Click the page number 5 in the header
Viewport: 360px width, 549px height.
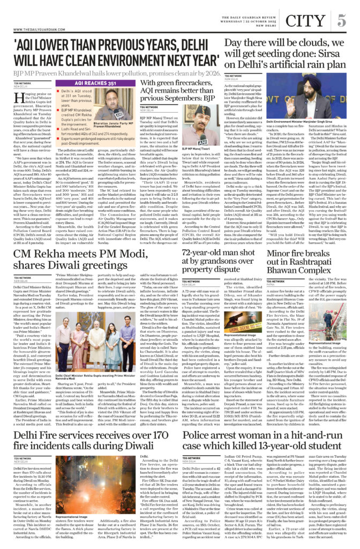341,11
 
